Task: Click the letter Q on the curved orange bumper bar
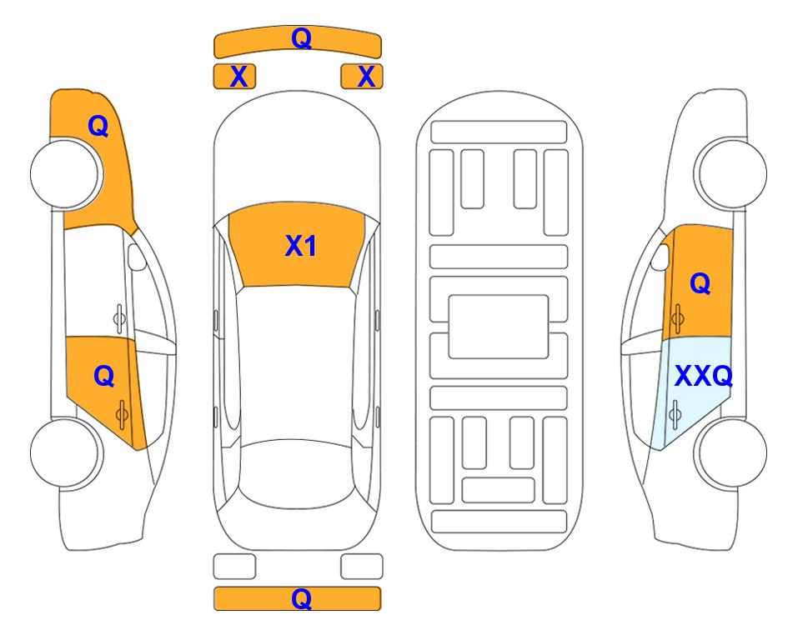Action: pos(302,38)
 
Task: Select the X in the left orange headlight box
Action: pos(238,77)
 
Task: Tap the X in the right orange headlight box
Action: pos(366,77)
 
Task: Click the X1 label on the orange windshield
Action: pos(301,246)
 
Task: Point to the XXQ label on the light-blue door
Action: pos(704,377)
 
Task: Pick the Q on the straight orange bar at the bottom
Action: pos(302,598)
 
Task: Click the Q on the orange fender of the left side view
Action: pos(98,126)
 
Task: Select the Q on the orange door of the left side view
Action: pos(104,377)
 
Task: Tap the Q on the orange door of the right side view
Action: pos(700,283)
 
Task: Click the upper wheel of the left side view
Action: pos(67,174)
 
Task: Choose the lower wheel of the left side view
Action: pos(67,453)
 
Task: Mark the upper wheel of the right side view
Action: pos(730,173)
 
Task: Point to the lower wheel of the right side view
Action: pos(730,452)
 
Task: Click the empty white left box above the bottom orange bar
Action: pos(234,567)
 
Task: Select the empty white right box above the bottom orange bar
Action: pos(362,567)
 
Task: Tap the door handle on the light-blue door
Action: pos(675,414)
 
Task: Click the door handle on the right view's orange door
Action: pos(677,318)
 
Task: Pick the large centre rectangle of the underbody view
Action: pos(499,327)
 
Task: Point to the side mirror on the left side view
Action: pos(136,257)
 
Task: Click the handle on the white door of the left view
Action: pos(119,318)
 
